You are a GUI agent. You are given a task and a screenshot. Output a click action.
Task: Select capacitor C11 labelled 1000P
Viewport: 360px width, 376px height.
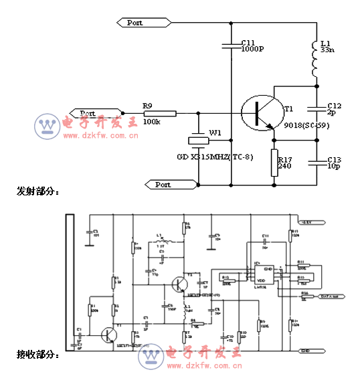(x=230, y=46)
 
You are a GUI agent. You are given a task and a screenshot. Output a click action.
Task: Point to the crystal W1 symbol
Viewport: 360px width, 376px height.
(x=198, y=140)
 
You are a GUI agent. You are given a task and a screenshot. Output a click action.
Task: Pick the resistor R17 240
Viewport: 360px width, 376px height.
(x=274, y=163)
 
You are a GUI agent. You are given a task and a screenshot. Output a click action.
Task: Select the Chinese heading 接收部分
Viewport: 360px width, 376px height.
(x=37, y=354)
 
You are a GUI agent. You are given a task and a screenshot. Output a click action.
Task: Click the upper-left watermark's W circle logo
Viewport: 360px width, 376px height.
(x=48, y=125)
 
